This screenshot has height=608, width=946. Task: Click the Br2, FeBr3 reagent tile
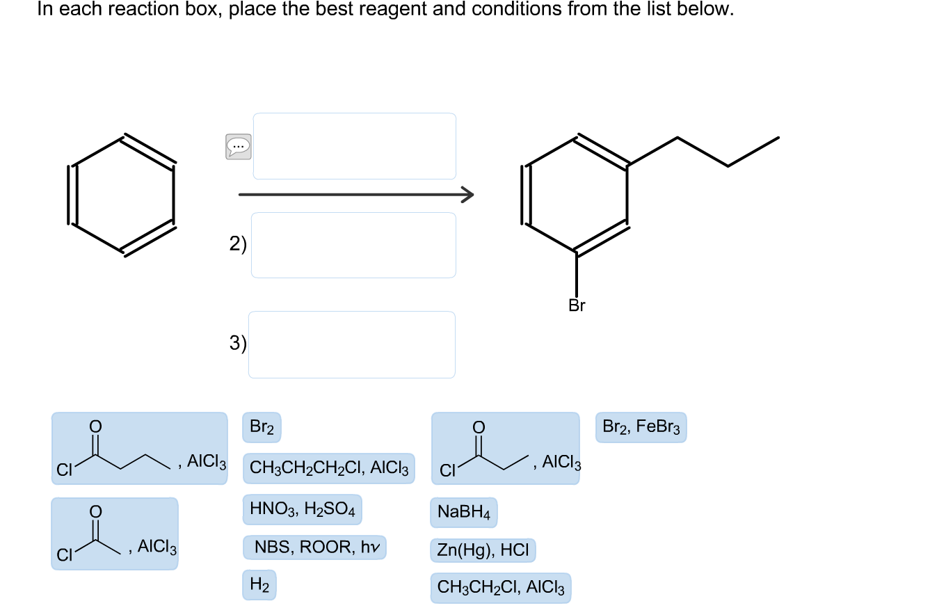(x=641, y=427)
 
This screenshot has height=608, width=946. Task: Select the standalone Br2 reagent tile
(x=262, y=427)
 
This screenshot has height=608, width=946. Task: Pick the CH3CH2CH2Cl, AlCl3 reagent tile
(x=329, y=468)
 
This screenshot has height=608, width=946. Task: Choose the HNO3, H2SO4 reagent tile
(x=302, y=511)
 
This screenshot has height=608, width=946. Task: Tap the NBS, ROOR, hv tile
(x=314, y=547)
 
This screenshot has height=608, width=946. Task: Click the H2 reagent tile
(x=259, y=586)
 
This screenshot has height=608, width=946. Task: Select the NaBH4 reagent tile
(x=464, y=513)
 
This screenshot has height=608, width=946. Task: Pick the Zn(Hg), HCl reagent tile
(x=483, y=551)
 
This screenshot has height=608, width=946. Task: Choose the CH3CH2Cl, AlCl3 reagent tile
(x=501, y=588)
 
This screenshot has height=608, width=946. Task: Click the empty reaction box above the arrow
(x=355, y=146)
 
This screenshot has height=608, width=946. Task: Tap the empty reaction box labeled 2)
(x=353, y=245)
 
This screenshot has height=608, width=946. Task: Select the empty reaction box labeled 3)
(x=352, y=344)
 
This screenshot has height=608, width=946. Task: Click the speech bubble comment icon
(x=239, y=146)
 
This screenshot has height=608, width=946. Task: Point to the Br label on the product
(x=577, y=306)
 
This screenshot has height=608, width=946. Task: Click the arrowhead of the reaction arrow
(x=467, y=195)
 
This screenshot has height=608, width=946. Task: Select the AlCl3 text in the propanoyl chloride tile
(x=561, y=462)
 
